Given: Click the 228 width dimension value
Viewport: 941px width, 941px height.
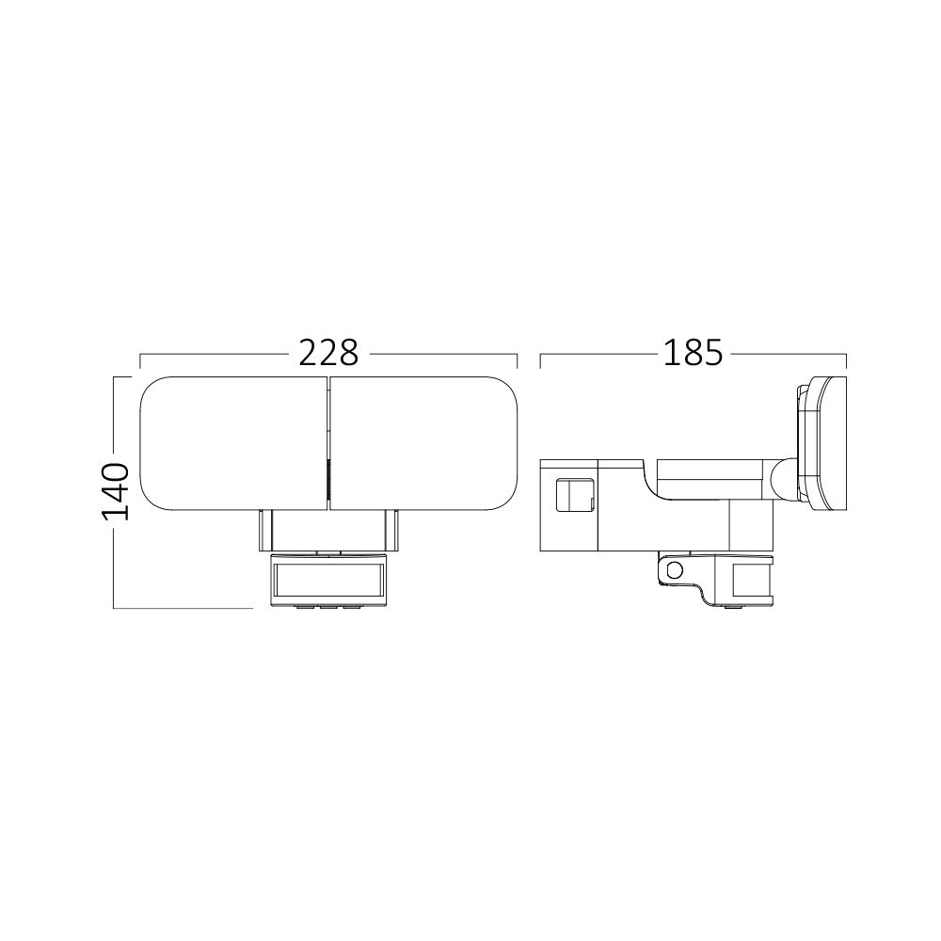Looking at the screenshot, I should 328,353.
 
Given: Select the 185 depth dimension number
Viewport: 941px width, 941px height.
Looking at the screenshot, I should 693,353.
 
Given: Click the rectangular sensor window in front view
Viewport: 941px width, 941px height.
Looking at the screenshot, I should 328,579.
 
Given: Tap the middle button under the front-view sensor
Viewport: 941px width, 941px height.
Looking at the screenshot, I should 328,607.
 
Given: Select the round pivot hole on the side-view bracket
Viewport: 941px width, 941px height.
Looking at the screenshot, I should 674,570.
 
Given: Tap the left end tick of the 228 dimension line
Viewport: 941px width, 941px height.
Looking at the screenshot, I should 140,359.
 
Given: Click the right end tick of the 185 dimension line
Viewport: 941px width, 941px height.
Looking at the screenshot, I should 847,359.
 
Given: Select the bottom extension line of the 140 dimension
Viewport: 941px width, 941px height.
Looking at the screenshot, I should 183,609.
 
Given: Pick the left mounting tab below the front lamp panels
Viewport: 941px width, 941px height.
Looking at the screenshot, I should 264,532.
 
